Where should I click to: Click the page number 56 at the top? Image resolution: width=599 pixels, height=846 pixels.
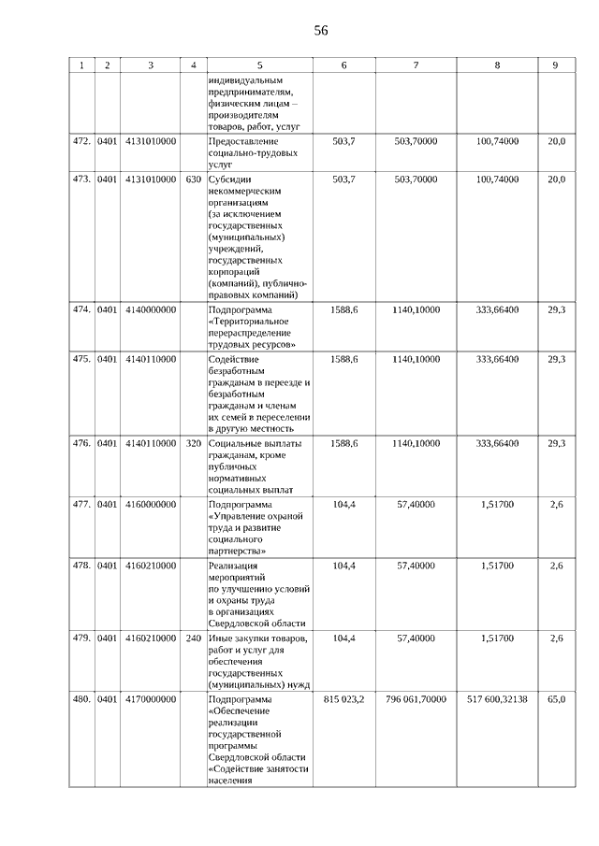[x=321, y=31]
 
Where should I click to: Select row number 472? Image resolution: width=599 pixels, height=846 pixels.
[x=81, y=141]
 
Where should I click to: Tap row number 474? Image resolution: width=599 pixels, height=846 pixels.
[x=81, y=309]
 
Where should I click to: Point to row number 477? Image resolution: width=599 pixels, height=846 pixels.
[x=81, y=504]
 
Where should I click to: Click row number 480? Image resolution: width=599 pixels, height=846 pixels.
[x=81, y=699]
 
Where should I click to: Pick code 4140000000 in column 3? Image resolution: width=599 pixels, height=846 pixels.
[x=150, y=309]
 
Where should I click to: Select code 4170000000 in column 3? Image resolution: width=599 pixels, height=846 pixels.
[x=150, y=699]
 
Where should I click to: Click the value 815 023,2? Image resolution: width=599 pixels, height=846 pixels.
[x=343, y=699]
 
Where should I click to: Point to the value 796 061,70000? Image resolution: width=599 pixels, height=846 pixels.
[x=416, y=699]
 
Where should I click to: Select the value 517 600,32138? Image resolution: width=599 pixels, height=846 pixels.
[x=497, y=699]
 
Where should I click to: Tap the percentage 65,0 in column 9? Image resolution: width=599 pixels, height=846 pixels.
[x=556, y=699]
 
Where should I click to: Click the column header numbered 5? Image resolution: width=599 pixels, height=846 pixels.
[x=259, y=65]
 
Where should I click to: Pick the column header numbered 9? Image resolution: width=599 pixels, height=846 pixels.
[x=556, y=65]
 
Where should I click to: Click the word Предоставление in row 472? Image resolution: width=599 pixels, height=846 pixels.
[x=243, y=141]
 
